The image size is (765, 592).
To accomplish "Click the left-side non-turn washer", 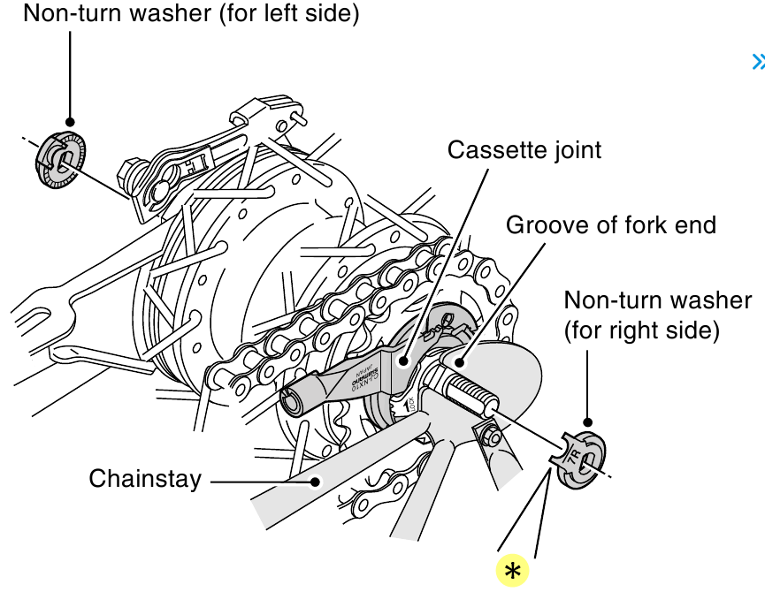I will point(61,160).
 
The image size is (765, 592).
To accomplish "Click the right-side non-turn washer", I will point(578,459).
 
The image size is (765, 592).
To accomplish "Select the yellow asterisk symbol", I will point(512,571).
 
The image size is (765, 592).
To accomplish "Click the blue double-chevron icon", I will point(757,62).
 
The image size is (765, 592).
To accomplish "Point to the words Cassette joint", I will point(524,149).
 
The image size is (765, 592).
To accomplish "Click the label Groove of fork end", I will point(610,224).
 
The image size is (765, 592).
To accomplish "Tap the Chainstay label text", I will point(145,479).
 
